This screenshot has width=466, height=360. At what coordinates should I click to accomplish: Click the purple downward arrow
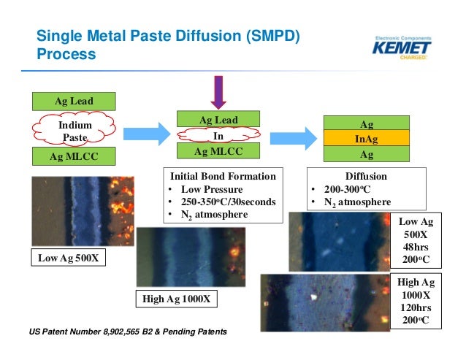pyautogui.click(x=219, y=92)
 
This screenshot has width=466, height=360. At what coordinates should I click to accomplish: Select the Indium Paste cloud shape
pyautogui.click(x=75, y=131)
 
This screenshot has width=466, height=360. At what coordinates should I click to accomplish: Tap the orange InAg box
pyautogui.click(x=366, y=139)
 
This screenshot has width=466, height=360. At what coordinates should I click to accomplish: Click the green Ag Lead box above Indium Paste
pyautogui.click(x=74, y=101)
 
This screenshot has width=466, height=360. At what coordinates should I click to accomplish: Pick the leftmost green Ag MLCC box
pyautogui.click(x=74, y=156)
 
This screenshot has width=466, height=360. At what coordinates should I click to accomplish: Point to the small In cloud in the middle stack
pyautogui.click(x=218, y=136)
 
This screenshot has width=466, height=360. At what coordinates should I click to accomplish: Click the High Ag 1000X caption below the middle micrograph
pyautogui.click(x=176, y=298)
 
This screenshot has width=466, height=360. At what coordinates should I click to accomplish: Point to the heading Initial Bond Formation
pyautogui.click(x=223, y=176)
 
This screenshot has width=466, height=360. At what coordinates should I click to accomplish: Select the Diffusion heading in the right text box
pyautogui.click(x=365, y=176)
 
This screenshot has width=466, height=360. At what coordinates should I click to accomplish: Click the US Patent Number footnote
pyautogui.click(x=129, y=332)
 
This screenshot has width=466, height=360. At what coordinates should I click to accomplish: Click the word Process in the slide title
pyautogui.click(x=66, y=54)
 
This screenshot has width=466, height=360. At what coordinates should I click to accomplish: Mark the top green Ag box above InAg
pyautogui.click(x=366, y=123)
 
